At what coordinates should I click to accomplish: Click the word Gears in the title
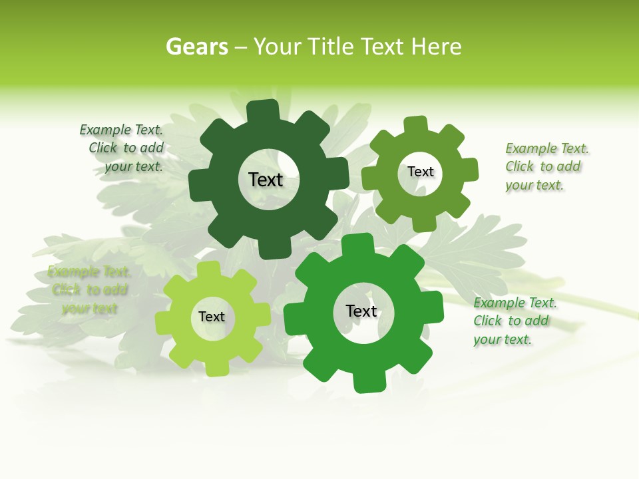[x=196, y=47]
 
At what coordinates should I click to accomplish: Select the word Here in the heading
[x=436, y=47]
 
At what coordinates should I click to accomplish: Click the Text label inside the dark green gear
[x=266, y=180]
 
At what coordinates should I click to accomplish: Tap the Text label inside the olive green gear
[x=421, y=172]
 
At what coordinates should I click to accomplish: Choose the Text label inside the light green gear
[x=212, y=317]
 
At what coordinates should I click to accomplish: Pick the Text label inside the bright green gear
[x=361, y=311]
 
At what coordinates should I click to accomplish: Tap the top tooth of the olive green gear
[x=416, y=125]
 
